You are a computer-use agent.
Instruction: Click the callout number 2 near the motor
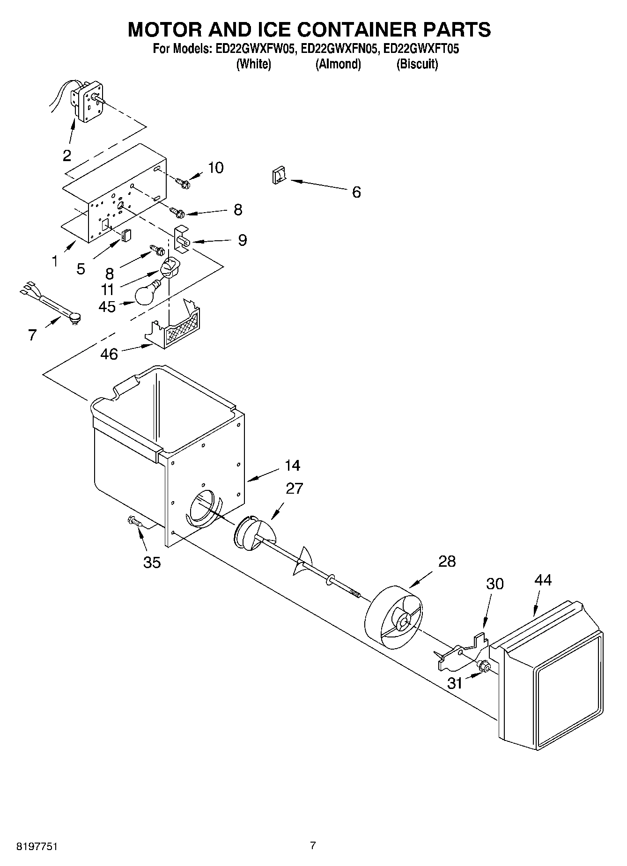(x=67, y=155)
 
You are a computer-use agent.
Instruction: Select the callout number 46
(x=109, y=354)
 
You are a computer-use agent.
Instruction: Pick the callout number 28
(x=447, y=561)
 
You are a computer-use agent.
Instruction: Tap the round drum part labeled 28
(x=393, y=617)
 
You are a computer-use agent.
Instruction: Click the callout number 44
(x=543, y=580)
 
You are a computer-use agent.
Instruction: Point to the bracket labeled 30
(x=461, y=651)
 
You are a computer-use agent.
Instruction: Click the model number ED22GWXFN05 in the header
(x=339, y=49)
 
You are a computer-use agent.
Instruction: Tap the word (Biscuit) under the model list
(x=417, y=64)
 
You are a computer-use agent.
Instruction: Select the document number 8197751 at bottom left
(x=37, y=845)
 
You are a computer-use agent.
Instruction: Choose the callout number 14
(x=292, y=465)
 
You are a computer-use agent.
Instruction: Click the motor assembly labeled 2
(x=88, y=100)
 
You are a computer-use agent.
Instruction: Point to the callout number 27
(x=295, y=488)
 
